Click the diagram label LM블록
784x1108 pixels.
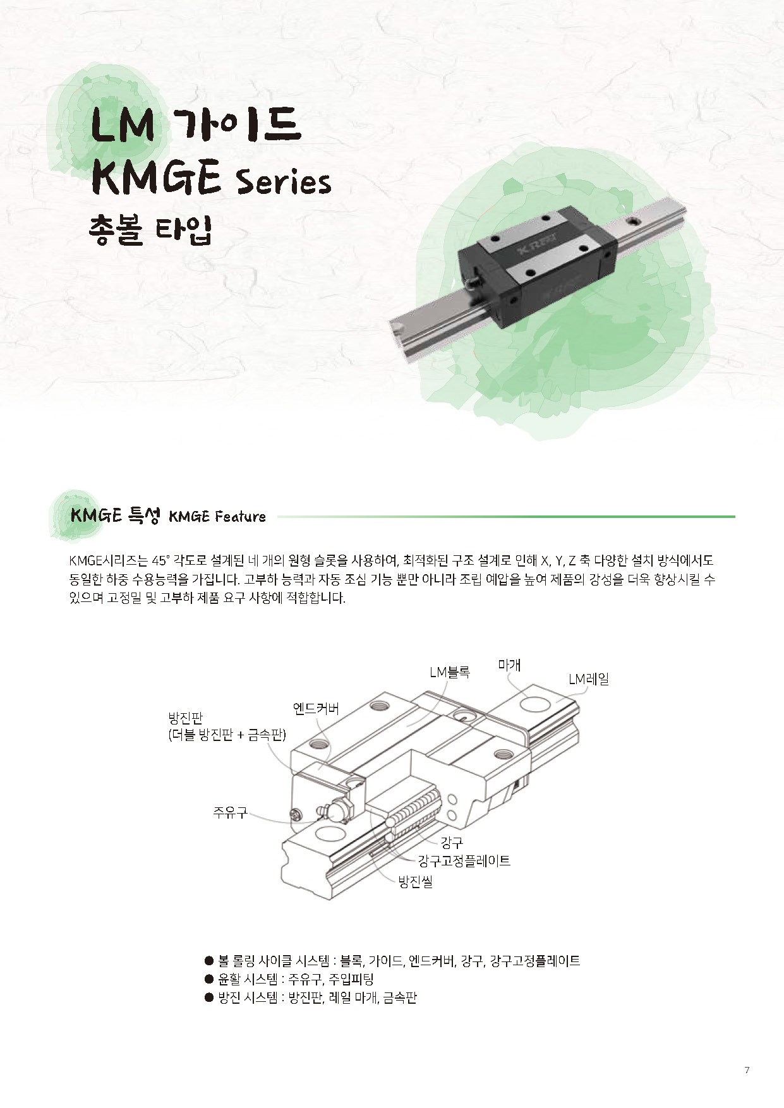[x=449, y=672]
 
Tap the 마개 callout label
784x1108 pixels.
[x=509, y=665]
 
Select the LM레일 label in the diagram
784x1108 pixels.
[x=589, y=679]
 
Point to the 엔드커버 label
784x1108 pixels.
[x=316, y=708]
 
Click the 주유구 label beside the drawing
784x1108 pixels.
[x=230, y=812]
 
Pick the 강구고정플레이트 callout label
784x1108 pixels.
[x=464, y=860]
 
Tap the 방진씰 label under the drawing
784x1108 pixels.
[x=415, y=882]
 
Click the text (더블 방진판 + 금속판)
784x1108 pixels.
[x=227, y=735]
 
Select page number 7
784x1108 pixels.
[x=747, y=1069]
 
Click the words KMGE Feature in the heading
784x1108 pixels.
[x=217, y=517]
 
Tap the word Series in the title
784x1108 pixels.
[x=283, y=181]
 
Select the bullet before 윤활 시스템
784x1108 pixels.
[x=209, y=979]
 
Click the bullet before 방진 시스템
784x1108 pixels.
[x=209, y=997]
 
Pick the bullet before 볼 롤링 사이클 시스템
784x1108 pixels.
[x=209, y=961]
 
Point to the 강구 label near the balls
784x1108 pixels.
[x=452, y=842]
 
